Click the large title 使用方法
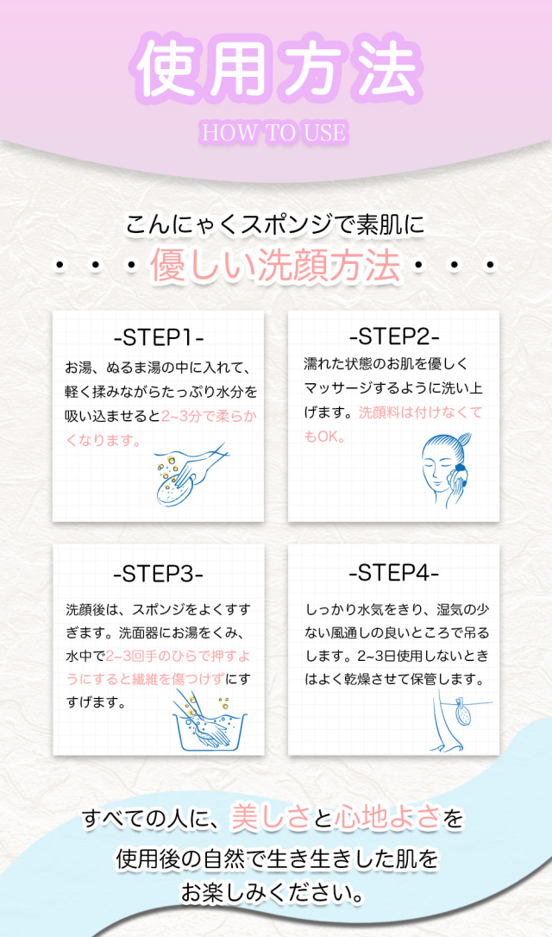(x=275, y=69)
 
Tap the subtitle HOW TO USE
(x=274, y=132)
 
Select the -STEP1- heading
(x=159, y=336)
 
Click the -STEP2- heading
(x=394, y=336)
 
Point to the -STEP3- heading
(x=159, y=573)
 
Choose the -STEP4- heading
(x=394, y=573)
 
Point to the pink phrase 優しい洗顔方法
(x=276, y=264)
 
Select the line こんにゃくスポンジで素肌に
(x=275, y=226)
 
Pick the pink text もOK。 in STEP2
(x=325, y=437)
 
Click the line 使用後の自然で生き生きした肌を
(x=276, y=858)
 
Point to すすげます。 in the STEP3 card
(x=97, y=702)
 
